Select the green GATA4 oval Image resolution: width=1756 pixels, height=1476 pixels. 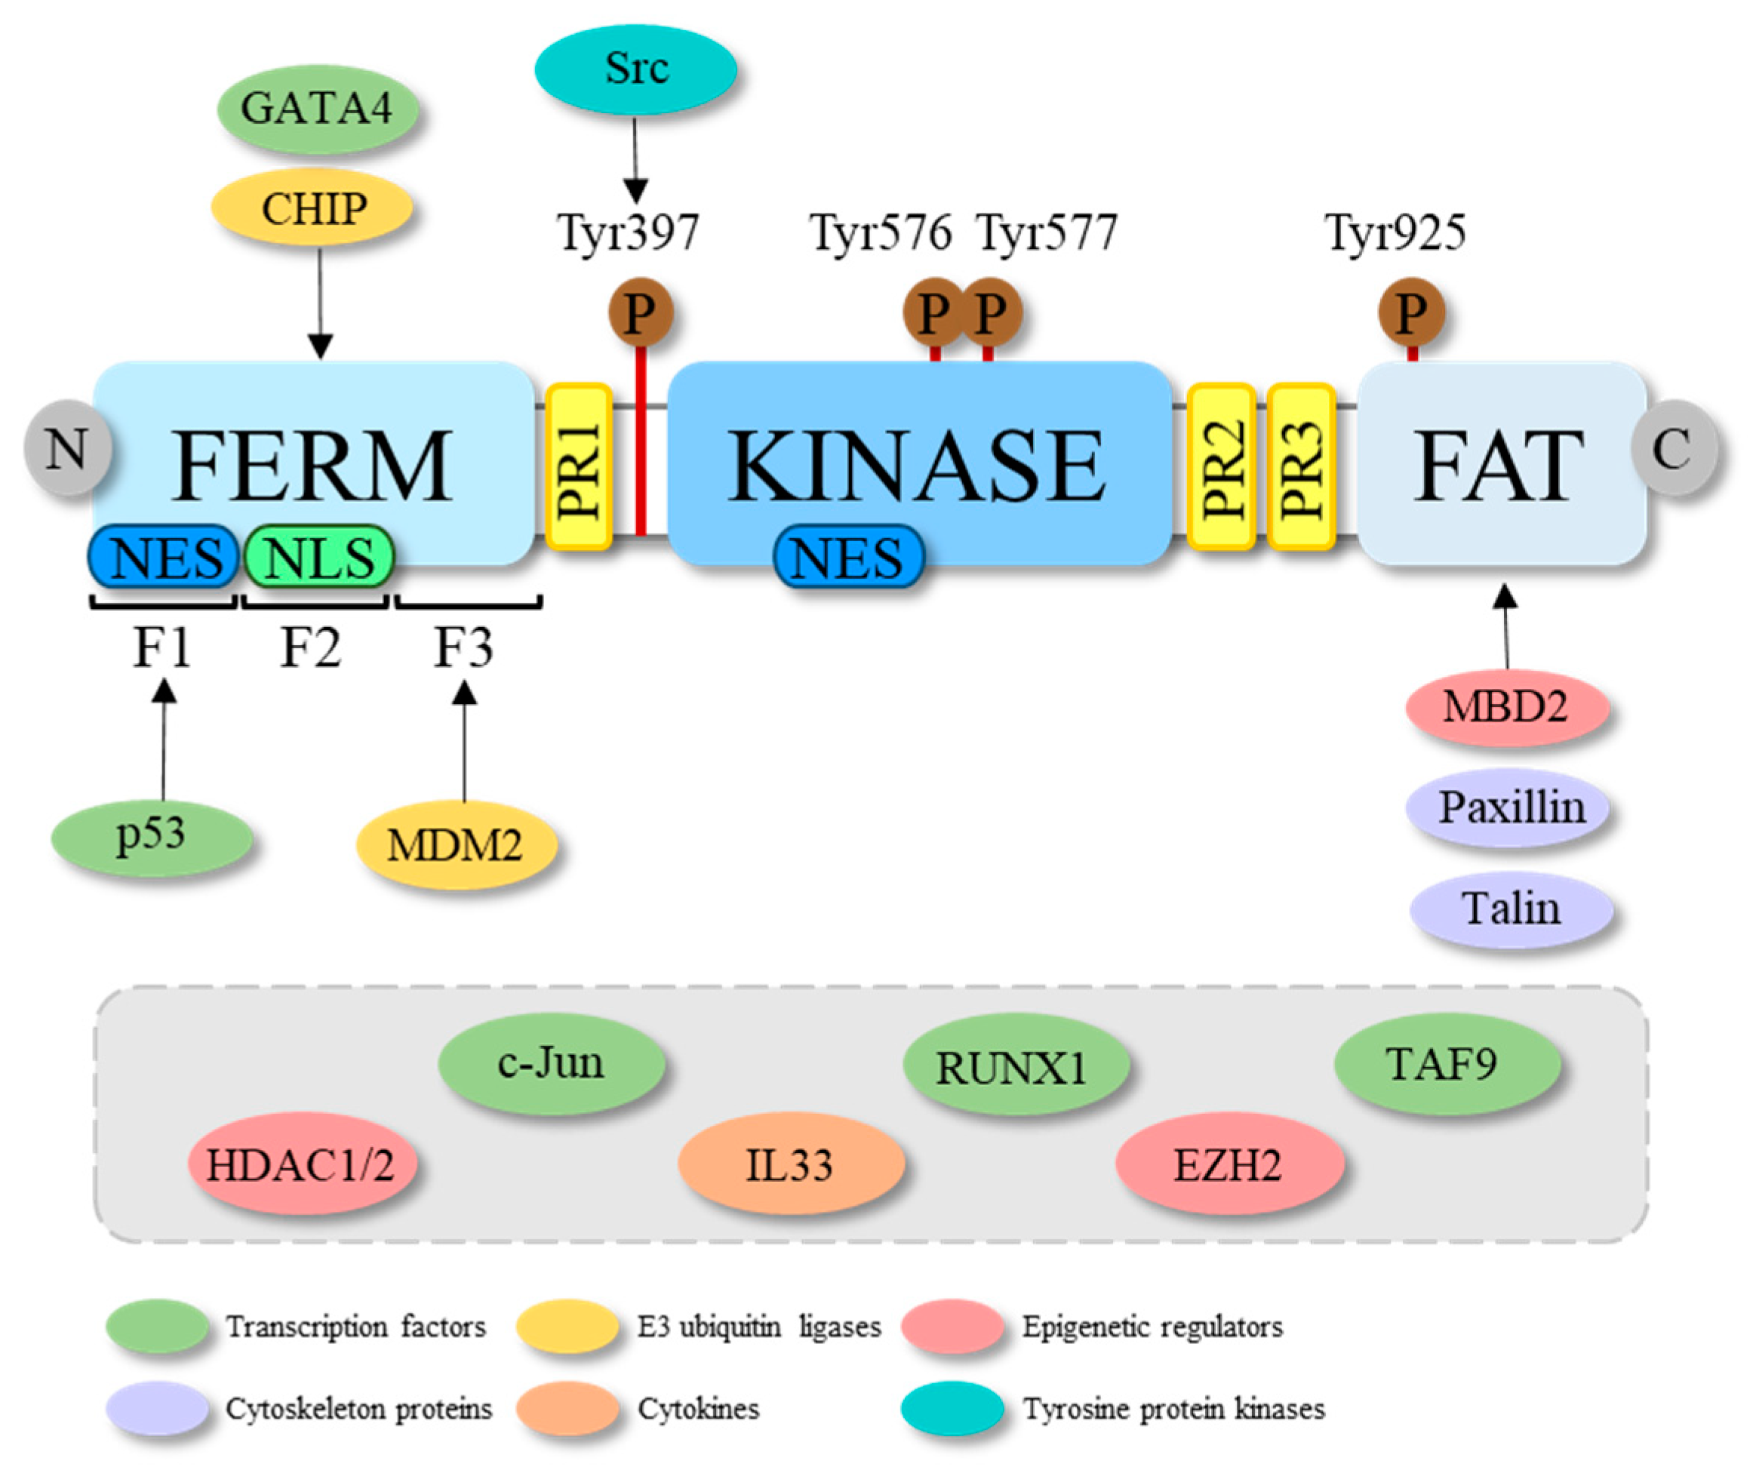(x=317, y=109)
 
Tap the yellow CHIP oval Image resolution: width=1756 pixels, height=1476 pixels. (x=312, y=208)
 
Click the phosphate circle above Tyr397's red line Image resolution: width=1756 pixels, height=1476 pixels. (x=640, y=312)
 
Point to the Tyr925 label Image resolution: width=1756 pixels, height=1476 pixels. (x=1395, y=232)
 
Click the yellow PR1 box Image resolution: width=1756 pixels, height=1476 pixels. (x=579, y=466)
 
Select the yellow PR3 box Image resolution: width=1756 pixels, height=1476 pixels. (x=1300, y=466)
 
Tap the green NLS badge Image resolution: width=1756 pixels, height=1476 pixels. (x=318, y=556)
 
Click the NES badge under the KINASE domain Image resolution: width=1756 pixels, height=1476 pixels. (x=848, y=556)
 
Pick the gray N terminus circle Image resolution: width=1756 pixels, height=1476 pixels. (x=67, y=448)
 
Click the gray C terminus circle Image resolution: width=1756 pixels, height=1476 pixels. (x=1673, y=448)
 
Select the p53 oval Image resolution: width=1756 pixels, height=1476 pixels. (x=152, y=838)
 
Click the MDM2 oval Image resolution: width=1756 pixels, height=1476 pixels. (x=456, y=844)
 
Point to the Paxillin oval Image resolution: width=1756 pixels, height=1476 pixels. (x=1509, y=808)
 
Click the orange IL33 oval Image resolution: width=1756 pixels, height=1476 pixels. (x=791, y=1164)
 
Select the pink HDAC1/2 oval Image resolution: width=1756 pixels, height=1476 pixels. (x=302, y=1164)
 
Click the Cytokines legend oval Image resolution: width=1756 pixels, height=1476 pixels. (x=567, y=1408)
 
